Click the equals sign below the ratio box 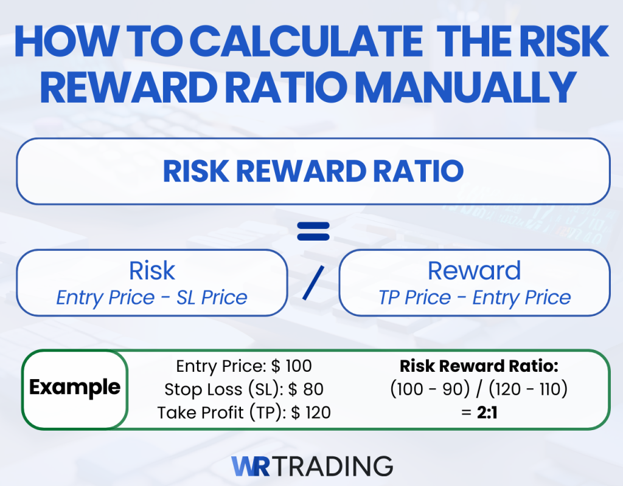click(313, 231)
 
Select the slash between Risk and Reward click(313, 282)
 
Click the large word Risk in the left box click(152, 271)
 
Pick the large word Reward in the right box click(475, 271)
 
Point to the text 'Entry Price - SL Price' click(152, 298)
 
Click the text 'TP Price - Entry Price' click(475, 298)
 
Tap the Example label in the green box click(75, 387)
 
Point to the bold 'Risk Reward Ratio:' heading click(478, 366)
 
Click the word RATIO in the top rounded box click(421, 172)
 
